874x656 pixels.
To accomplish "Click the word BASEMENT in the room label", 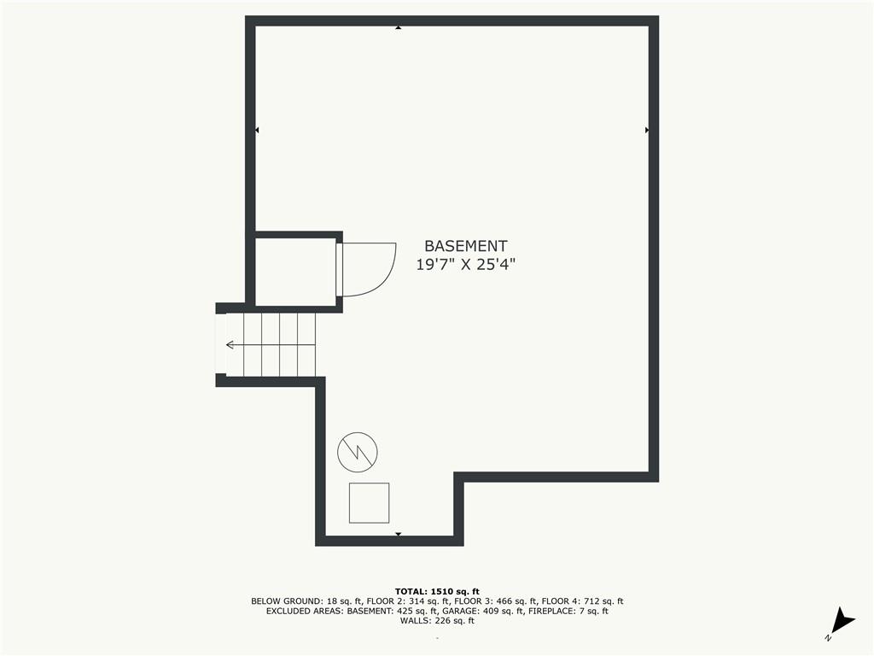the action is pyautogui.click(x=465, y=246).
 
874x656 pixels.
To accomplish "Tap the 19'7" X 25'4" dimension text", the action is pyautogui.click(x=465, y=265).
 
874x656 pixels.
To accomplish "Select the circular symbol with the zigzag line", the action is pyautogui.click(x=358, y=452).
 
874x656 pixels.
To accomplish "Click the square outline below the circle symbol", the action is pyautogui.click(x=369, y=503).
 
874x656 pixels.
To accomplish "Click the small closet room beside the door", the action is pyautogui.click(x=295, y=272).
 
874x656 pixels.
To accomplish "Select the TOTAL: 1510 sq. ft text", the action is pyautogui.click(x=437, y=591).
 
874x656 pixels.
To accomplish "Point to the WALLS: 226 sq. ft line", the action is pyautogui.click(x=437, y=620).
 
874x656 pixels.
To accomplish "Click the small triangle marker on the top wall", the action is pyautogui.click(x=398, y=27).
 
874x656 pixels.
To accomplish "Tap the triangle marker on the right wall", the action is pyautogui.click(x=647, y=130).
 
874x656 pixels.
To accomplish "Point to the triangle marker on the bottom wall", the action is pyautogui.click(x=398, y=535).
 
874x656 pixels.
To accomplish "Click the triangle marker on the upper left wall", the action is pyautogui.click(x=257, y=130).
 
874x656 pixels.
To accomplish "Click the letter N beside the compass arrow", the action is pyautogui.click(x=828, y=637).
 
